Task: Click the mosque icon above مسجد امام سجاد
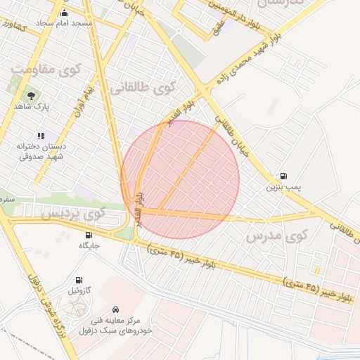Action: point(65,13)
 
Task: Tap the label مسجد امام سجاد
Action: point(65,23)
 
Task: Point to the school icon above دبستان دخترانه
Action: point(41,136)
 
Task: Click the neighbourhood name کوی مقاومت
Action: point(46,70)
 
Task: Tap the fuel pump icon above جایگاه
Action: point(89,235)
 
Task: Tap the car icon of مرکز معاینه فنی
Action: point(115,309)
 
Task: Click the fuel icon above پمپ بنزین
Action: point(283,176)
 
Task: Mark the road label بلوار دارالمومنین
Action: point(250,13)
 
